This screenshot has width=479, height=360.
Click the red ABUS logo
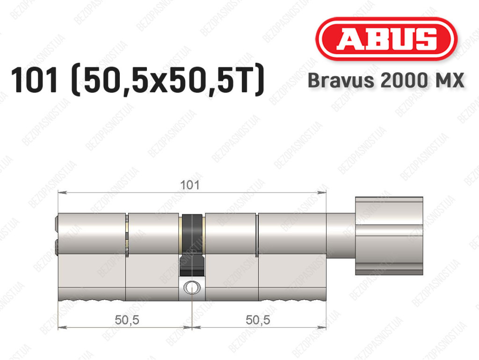pos(386,39)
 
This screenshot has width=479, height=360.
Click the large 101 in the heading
pos(34,81)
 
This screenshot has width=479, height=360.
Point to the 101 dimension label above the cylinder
pos(189,185)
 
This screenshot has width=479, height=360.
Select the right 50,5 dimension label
pos(258,320)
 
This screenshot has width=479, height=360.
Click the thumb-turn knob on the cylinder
pos(389,235)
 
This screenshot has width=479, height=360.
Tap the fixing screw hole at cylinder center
pos(191,287)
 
